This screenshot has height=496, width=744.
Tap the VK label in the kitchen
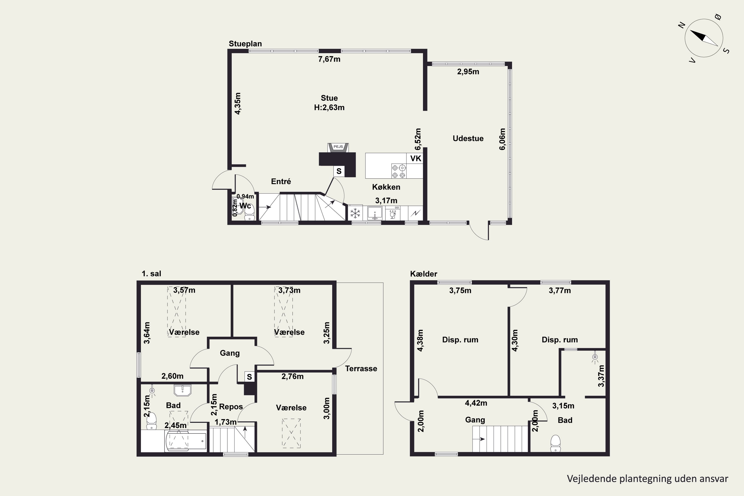pyautogui.click(x=416, y=158)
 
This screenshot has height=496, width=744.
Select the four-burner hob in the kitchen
pyautogui.click(x=399, y=171)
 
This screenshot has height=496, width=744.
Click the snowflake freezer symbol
pyautogui.click(x=355, y=213)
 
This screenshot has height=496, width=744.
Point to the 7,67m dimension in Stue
pyautogui.click(x=329, y=59)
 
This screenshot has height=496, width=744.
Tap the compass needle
pyautogui.click(x=704, y=38)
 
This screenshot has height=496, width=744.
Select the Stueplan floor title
pyautogui.click(x=245, y=44)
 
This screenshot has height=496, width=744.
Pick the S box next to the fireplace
pyautogui.click(x=339, y=171)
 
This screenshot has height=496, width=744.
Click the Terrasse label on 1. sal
pyautogui.click(x=361, y=369)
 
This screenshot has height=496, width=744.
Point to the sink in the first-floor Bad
pyautogui.click(x=183, y=390)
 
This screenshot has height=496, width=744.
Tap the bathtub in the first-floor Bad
pyautogui.click(x=186, y=441)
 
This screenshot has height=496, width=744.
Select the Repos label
pyautogui.click(x=231, y=407)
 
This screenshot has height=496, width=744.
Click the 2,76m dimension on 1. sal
pyautogui.click(x=292, y=376)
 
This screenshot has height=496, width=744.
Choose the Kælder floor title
pyautogui.click(x=424, y=274)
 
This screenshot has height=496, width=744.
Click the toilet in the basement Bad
pyautogui.click(x=556, y=443)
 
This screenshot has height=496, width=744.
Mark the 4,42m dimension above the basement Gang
pyautogui.click(x=476, y=403)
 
